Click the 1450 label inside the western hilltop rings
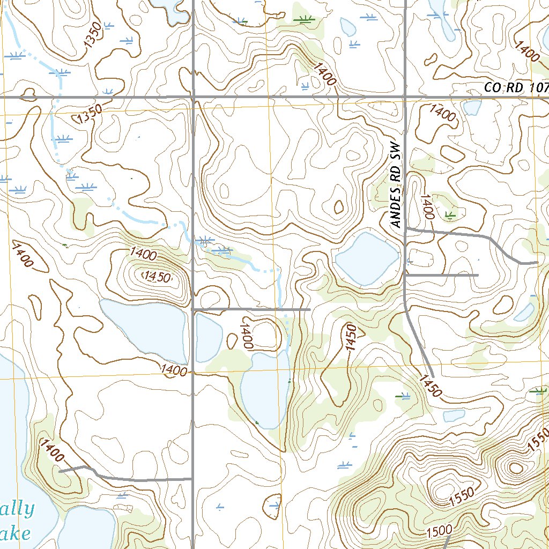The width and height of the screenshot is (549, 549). (157, 277)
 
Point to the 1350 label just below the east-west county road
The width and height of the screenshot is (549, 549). (89, 115)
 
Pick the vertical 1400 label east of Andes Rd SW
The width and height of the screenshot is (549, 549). (427, 206)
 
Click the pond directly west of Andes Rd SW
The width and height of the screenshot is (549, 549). (367, 258)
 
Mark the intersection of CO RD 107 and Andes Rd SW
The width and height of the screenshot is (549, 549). (405, 98)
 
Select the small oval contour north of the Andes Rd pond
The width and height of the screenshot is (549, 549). (339, 206)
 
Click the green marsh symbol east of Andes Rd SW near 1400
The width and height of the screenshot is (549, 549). (450, 215)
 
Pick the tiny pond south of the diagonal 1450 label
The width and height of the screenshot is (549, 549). (454, 416)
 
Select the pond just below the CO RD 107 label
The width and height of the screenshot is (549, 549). (472, 108)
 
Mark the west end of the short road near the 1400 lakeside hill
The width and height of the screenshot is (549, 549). (59, 471)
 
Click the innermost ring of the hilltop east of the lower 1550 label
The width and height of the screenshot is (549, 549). (515, 468)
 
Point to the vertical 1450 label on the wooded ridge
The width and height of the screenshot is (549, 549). (351, 338)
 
